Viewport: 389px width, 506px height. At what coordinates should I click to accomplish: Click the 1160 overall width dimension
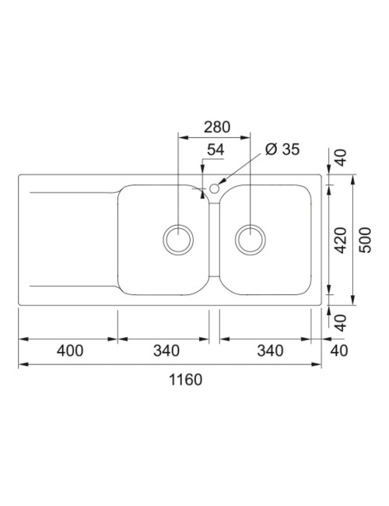pyautogui.click(x=185, y=380)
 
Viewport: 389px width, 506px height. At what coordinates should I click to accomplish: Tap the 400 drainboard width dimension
pyautogui.click(x=70, y=351)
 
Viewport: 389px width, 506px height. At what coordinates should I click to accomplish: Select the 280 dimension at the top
pyautogui.click(x=217, y=127)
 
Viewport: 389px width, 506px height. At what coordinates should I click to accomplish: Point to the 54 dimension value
pyautogui.click(x=216, y=149)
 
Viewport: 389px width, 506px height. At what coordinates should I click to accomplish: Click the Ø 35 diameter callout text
pyautogui.click(x=282, y=149)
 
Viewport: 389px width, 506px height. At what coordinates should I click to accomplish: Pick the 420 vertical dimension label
pyautogui.click(x=341, y=240)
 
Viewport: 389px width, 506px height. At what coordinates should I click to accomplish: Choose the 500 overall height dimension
pyautogui.click(x=366, y=240)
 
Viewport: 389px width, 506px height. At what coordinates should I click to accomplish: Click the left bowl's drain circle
pyautogui.click(x=178, y=239)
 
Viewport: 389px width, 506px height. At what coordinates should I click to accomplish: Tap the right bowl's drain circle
pyautogui.click(x=251, y=239)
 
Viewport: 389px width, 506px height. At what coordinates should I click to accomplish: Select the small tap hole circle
pyautogui.click(x=214, y=188)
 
